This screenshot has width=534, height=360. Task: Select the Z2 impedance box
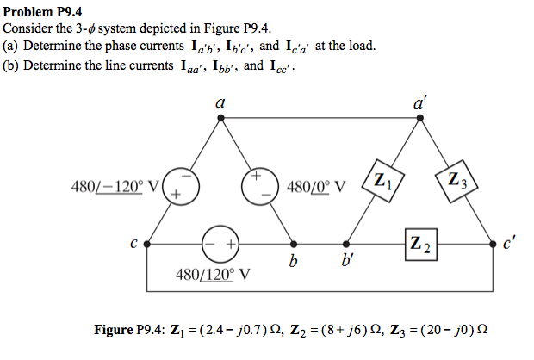[419, 243]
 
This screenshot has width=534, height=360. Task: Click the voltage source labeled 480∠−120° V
[183, 187]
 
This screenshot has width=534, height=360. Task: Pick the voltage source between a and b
[257, 187]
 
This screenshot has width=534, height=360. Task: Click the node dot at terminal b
[294, 244]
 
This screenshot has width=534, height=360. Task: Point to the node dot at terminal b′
[347, 244]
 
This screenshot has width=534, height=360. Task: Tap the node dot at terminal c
[147, 244]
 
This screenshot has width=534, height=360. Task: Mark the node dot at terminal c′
[493, 244]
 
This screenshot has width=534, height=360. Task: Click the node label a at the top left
[220, 103]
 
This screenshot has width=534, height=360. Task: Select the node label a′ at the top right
[420, 102]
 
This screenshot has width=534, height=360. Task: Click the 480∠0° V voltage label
[318, 187]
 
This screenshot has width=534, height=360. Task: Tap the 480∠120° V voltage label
[213, 275]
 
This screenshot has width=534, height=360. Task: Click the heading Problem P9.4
[43, 10]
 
